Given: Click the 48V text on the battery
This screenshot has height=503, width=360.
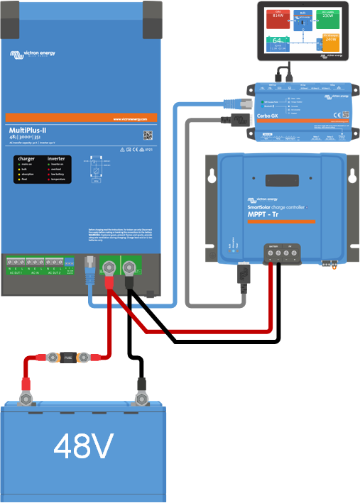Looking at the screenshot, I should (x=84, y=446).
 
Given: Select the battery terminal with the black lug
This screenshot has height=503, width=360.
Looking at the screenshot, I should (x=141, y=388).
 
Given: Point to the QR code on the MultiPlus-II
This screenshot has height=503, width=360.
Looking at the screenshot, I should (x=148, y=135).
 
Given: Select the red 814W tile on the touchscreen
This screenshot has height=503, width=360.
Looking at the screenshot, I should (x=278, y=19).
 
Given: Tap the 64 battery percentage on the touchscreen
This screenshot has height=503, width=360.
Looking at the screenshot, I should (x=278, y=42).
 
